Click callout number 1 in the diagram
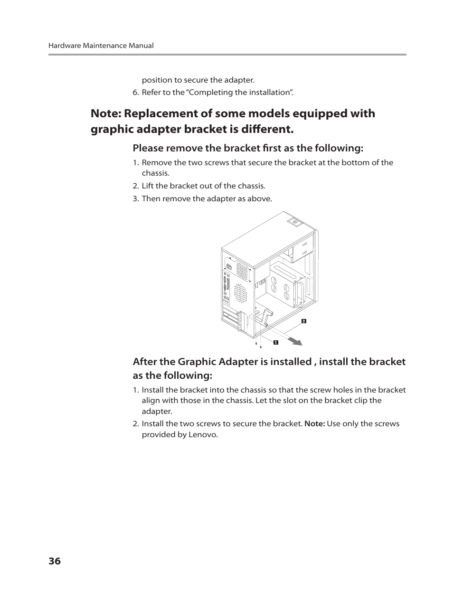(x=275, y=342)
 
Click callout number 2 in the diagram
(x=304, y=321)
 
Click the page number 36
(x=54, y=561)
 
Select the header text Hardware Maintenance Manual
(x=101, y=46)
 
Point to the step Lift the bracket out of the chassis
(x=203, y=186)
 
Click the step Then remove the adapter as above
(x=207, y=198)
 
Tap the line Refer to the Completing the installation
(x=217, y=92)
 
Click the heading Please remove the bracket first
(x=248, y=148)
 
